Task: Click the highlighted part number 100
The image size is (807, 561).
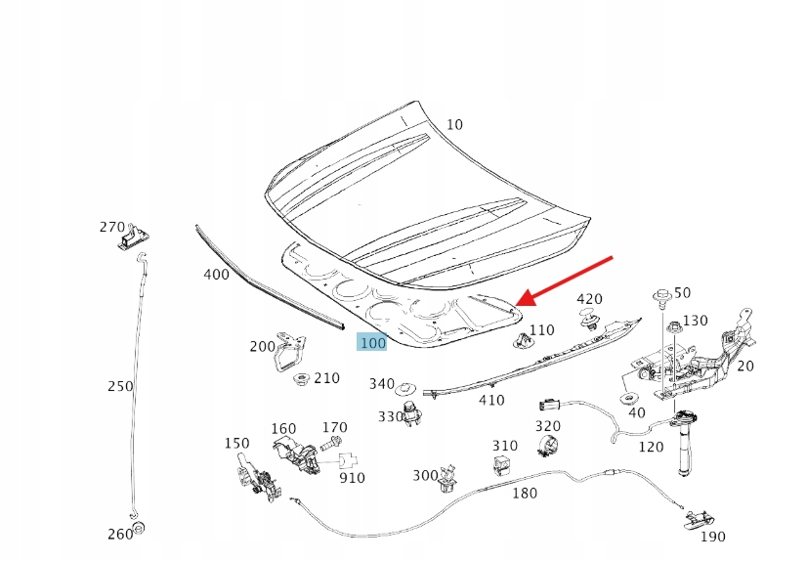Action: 372,343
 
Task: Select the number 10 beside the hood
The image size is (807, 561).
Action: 455,125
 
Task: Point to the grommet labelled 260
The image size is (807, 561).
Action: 139,530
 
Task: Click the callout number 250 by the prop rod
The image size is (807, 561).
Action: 120,386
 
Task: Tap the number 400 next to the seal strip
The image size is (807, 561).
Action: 216,275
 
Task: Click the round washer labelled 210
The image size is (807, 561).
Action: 300,378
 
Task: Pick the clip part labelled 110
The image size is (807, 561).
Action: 520,339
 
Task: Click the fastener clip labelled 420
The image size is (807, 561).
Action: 589,319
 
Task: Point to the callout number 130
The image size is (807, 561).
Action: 696,321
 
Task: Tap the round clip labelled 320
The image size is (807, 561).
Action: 547,448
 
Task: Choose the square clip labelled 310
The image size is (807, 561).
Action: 504,466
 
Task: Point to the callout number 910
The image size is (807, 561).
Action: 352,478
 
